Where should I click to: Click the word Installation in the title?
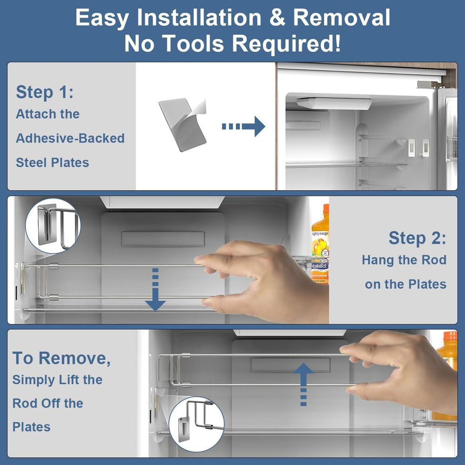(x=199, y=18)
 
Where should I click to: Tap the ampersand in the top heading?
(x=277, y=18)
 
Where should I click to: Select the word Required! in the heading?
(x=286, y=43)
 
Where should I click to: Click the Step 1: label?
(x=45, y=92)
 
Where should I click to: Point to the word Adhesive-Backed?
(x=70, y=138)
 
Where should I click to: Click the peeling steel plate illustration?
(x=182, y=125)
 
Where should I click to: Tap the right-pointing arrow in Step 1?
(x=244, y=126)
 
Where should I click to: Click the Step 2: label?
(x=417, y=238)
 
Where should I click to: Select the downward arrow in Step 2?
(x=155, y=289)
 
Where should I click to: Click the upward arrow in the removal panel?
(x=303, y=385)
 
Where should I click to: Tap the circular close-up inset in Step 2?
(x=53, y=226)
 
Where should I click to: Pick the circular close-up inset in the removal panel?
(x=196, y=425)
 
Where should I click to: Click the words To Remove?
(x=61, y=358)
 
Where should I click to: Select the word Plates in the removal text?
(x=32, y=427)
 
